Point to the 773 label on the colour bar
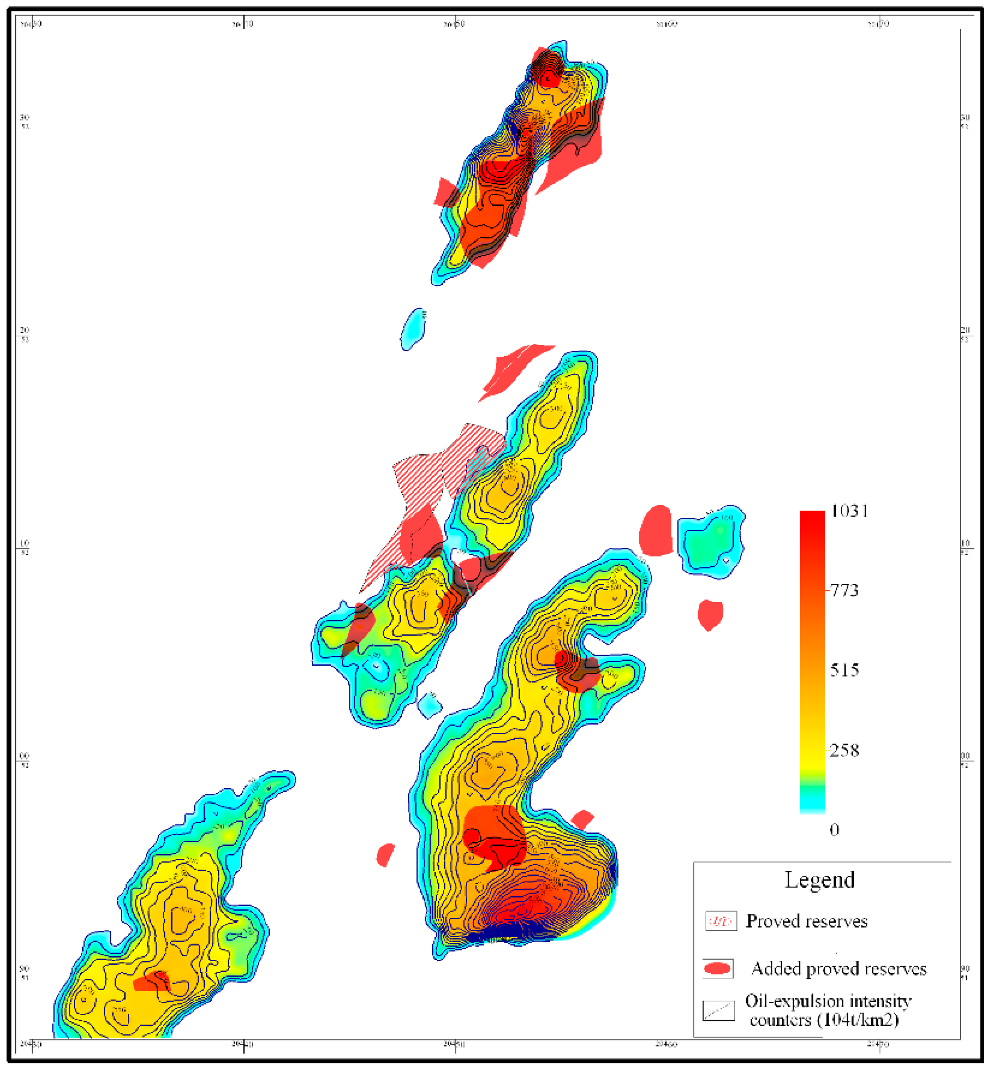(x=844, y=591)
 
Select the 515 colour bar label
(x=844, y=670)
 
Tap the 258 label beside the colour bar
(x=844, y=751)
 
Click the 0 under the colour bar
(x=834, y=830)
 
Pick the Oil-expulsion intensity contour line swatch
(x=718, y=1011)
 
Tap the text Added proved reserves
(x=839, y=969)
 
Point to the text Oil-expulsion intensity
(x=828, y=1001)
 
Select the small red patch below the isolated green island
(x=710, y=614)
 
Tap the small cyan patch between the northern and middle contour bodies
(x=413, y=329)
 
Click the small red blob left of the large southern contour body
(x=385, y=855)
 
